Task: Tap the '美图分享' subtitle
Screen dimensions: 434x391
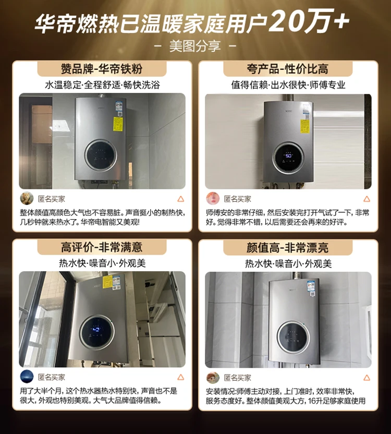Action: click(195, 46)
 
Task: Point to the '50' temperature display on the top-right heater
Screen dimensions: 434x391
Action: click(288, 155)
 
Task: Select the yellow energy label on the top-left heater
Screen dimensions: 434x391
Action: click(118, 124)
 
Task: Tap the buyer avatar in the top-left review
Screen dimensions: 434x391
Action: click(27, 199)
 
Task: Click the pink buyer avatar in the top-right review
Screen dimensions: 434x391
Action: click(213, 199)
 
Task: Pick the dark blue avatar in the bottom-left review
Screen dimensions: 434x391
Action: click(27, 377)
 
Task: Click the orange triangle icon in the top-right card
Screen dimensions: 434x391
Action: click(366, 199)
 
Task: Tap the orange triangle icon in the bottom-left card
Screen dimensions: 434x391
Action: click(180, 377)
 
